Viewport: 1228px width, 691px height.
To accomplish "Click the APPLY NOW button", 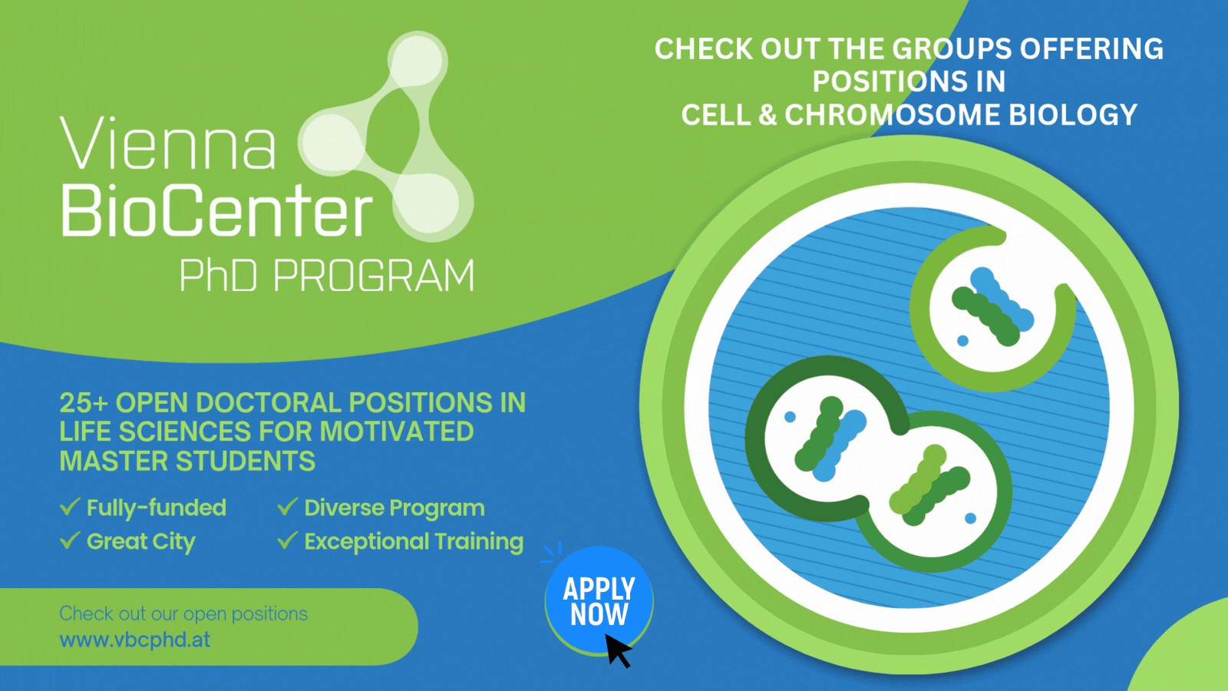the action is click(x=599, y=600).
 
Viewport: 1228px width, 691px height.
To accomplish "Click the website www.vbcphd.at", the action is click(x=135, y=640).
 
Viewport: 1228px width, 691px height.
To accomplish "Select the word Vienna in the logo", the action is click(x=168, y=143).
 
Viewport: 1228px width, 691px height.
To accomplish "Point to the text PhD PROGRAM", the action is click(x=327, y=276).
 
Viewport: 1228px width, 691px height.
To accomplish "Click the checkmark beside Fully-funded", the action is click(x=70, y=507).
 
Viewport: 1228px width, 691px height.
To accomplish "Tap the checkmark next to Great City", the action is click(x=70, y=541).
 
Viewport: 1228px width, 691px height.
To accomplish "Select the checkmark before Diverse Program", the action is click(x=287, y=507).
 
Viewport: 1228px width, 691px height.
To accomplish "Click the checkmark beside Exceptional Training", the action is click(x=287, y=541).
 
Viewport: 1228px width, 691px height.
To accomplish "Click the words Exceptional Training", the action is click(x=414, y=542).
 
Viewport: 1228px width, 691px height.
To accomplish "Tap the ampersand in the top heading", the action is click(x=767, y=115).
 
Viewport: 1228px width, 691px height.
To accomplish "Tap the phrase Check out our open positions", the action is click(x=183, y=613).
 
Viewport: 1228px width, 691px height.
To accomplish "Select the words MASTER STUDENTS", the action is click(x=187, y=461).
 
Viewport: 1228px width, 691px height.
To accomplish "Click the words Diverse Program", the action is click(x=394, y=508).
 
